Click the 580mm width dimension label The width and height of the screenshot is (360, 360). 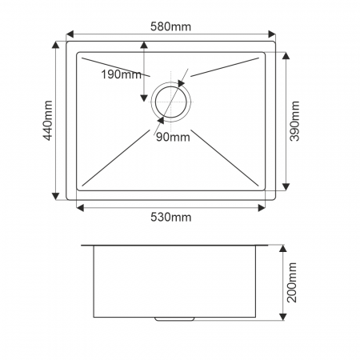pyautogui.click(x=170, y=26)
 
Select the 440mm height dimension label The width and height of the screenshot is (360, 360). pyautogui.click(x=48, y=120)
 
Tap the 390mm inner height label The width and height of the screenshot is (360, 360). pyautogui.click(x=294, y=121)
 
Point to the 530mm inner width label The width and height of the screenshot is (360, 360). pyautogui.click(x=171, y=217)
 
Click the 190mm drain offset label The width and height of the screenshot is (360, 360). pyautogui.click(x=122, y=74)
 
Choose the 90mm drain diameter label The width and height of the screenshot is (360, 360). pyautogui.click(x=173, y=137)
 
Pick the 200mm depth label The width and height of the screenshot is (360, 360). pyautogui.click(x=292, y=282)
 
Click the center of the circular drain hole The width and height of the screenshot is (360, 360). pyautogui.click(x=171, y=102)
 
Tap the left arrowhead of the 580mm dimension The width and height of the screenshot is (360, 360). pyautogui.click(x=70, y=34)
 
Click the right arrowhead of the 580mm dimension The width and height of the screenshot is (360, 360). pyautogui.click(x=272, y=34)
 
